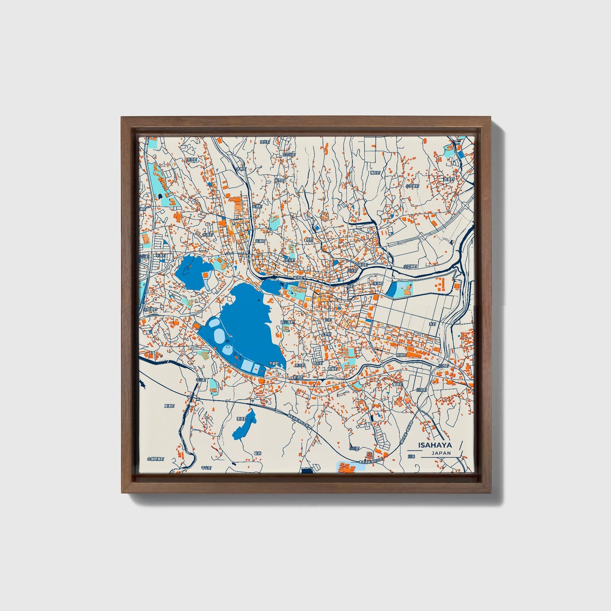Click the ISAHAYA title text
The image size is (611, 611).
pos(435,445)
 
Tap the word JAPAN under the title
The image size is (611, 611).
pos(441,453)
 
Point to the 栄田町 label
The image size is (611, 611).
pos(192,160)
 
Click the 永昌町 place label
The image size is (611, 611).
pos(208,234)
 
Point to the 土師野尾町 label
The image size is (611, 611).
pos(155,458)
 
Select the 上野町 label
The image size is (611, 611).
pos(327,334)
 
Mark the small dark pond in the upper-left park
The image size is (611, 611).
pos(161,197)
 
